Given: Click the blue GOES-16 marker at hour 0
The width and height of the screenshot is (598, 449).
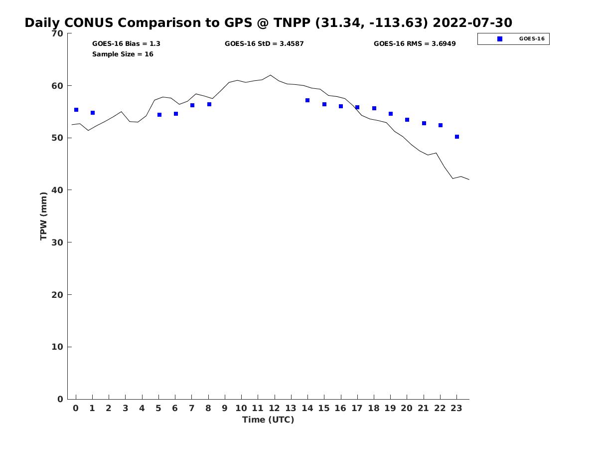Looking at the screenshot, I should click(76, 110).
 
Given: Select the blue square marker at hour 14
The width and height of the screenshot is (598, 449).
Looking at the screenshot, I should click(307, 100).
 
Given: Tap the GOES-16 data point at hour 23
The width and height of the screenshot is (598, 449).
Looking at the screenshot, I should click(457, 137).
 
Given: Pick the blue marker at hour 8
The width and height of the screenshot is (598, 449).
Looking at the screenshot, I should click(209, 104).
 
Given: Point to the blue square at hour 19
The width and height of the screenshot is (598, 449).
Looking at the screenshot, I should click(391, 114).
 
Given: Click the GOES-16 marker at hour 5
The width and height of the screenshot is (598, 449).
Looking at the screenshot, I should click(159, 115).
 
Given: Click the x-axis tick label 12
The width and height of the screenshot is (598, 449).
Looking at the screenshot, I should click(274, 408).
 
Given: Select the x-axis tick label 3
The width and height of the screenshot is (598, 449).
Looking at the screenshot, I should click(125, 408).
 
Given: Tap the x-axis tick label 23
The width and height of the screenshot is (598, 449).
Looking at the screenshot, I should click(456, 408).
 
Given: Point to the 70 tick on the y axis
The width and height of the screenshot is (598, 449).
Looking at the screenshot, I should click(57, 33).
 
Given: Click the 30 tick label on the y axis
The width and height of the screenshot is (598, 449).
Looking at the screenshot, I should click(57, 242).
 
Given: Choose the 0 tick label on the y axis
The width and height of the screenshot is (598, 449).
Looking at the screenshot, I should click(60, 399).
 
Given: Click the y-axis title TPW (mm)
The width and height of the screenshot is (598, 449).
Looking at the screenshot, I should click(44, 216).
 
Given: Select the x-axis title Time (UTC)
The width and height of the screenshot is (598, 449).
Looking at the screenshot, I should click(268, 420).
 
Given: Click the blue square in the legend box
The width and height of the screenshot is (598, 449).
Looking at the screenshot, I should click(500, 39).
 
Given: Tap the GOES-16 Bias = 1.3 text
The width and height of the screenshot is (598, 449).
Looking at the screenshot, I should click(126, 43).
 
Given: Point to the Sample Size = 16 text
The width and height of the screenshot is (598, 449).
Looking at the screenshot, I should click(123, 54).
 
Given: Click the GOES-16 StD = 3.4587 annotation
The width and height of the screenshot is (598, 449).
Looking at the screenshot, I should click(264, 43).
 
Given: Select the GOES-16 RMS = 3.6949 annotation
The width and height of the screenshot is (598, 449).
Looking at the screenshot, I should click(415, 43).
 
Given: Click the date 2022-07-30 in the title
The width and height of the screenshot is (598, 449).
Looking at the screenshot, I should click(472, 23).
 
